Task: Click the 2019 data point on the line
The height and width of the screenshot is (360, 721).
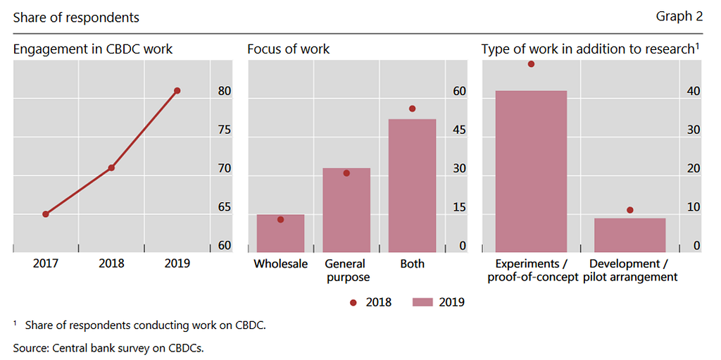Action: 177,91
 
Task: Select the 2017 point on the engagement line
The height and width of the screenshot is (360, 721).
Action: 46,214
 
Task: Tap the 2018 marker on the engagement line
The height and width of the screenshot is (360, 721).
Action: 111,168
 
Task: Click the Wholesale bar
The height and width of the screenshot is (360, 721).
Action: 280,233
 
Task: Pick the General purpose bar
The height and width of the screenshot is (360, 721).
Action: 346,210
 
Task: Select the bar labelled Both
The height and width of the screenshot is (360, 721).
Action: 412,185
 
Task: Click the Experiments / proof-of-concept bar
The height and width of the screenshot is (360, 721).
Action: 531,171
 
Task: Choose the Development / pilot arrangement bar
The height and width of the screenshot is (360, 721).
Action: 629,235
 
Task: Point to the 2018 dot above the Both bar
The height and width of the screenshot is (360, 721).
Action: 412,108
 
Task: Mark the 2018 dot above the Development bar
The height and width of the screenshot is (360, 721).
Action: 629,210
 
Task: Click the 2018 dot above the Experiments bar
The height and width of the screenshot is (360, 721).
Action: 531,64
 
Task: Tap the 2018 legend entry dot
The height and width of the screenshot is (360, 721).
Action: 353,302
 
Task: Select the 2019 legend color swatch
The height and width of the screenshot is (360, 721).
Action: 422,302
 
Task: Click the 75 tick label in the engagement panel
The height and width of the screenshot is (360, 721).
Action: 224,130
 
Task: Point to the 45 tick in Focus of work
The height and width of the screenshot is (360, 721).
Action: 459,130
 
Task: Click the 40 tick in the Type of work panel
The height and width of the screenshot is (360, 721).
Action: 693,92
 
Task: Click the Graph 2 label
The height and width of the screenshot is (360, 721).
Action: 679,17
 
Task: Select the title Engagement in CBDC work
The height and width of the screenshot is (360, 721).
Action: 93,49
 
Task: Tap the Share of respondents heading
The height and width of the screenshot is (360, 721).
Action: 76,18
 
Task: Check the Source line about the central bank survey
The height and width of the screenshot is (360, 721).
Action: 113,347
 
